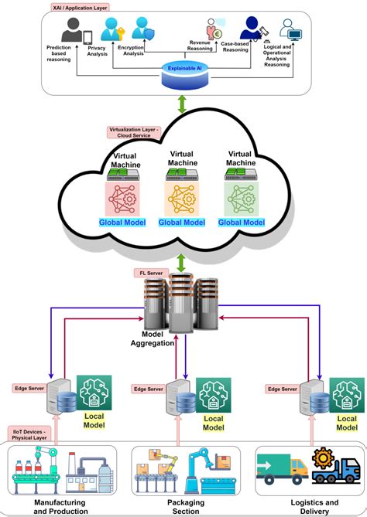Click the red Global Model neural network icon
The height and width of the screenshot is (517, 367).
pos(122,199)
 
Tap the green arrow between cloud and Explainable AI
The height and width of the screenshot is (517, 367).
pos(183,105)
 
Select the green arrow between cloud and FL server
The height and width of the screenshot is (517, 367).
pos(183,261)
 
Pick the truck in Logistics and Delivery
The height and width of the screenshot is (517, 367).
pos(283,469)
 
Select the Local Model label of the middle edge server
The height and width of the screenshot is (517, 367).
pos(213,423)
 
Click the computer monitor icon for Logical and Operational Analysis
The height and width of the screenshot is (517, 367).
pos(294,32)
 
